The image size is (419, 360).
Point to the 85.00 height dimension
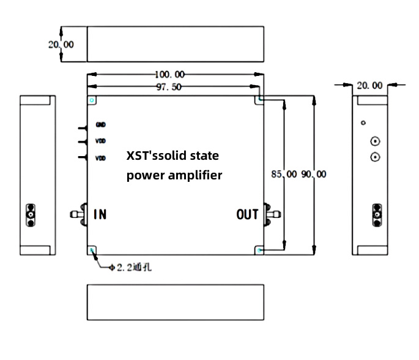coord(284,174)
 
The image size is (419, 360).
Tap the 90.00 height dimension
coord(314,174)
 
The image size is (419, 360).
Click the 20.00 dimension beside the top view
coord(61,44)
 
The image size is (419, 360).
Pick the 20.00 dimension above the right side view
coord(369,86)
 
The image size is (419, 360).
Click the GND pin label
coord(101,125)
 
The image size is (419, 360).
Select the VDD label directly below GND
coord(101,141)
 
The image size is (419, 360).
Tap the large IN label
coord(100,214)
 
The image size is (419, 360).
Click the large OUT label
coord(247,214)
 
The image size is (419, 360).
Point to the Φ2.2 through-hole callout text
coord(128,268)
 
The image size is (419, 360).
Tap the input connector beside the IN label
coord(78,214)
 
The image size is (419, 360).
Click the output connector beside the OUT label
coord(272,214)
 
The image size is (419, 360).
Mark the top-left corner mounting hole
coord(92,100)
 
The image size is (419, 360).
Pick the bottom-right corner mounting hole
coord(259,249)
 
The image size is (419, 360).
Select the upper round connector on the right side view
coord(376,142)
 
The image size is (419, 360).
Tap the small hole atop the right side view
coord(363,122)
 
